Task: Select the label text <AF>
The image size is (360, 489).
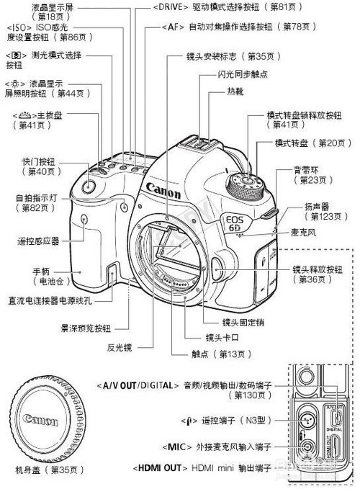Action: point(173,27)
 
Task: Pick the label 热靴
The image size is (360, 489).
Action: point(235,91)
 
